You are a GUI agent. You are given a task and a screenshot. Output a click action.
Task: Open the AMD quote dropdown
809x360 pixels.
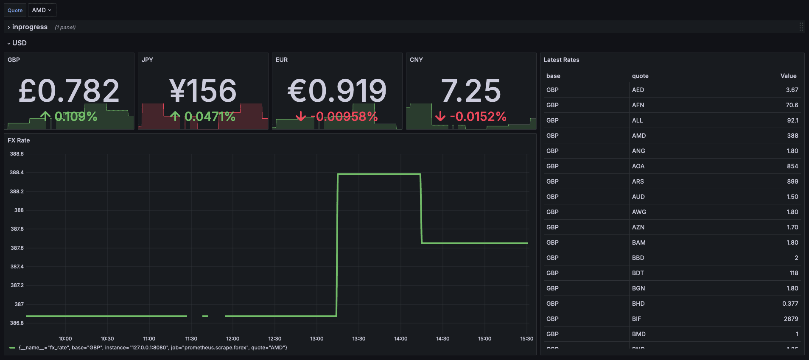pos(42,10)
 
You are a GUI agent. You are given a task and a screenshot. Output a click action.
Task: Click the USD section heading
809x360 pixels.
pos(19,43)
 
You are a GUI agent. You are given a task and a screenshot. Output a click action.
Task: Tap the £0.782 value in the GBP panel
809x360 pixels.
pos(69,91)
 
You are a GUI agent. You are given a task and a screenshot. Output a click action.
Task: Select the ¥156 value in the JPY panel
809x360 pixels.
pos(203,91)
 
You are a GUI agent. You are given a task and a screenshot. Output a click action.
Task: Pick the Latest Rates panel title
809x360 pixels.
pos(561,60)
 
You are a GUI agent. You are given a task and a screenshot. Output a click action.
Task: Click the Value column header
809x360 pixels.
pos(788,76)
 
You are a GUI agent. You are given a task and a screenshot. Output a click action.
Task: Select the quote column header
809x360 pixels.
pos(640,76)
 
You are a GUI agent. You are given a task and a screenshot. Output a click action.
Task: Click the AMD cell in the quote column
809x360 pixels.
pos(639,136)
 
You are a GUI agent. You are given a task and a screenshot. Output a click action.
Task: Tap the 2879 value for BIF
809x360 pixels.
pos(791,319)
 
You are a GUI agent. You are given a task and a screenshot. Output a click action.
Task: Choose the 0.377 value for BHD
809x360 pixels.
pos(790,304)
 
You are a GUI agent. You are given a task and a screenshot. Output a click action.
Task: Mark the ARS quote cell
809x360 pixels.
pos(638,181)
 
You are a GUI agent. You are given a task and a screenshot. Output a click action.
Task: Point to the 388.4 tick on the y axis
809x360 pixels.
pos(17,173)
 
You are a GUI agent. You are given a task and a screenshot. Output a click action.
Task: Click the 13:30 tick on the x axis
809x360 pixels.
pos(358,339)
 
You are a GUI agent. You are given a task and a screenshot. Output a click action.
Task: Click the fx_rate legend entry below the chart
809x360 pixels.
pos(153,348)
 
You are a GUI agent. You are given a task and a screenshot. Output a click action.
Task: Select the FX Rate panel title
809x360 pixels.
pos(19,140)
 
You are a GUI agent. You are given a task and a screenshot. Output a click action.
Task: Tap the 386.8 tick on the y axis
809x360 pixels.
pos(17,323)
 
